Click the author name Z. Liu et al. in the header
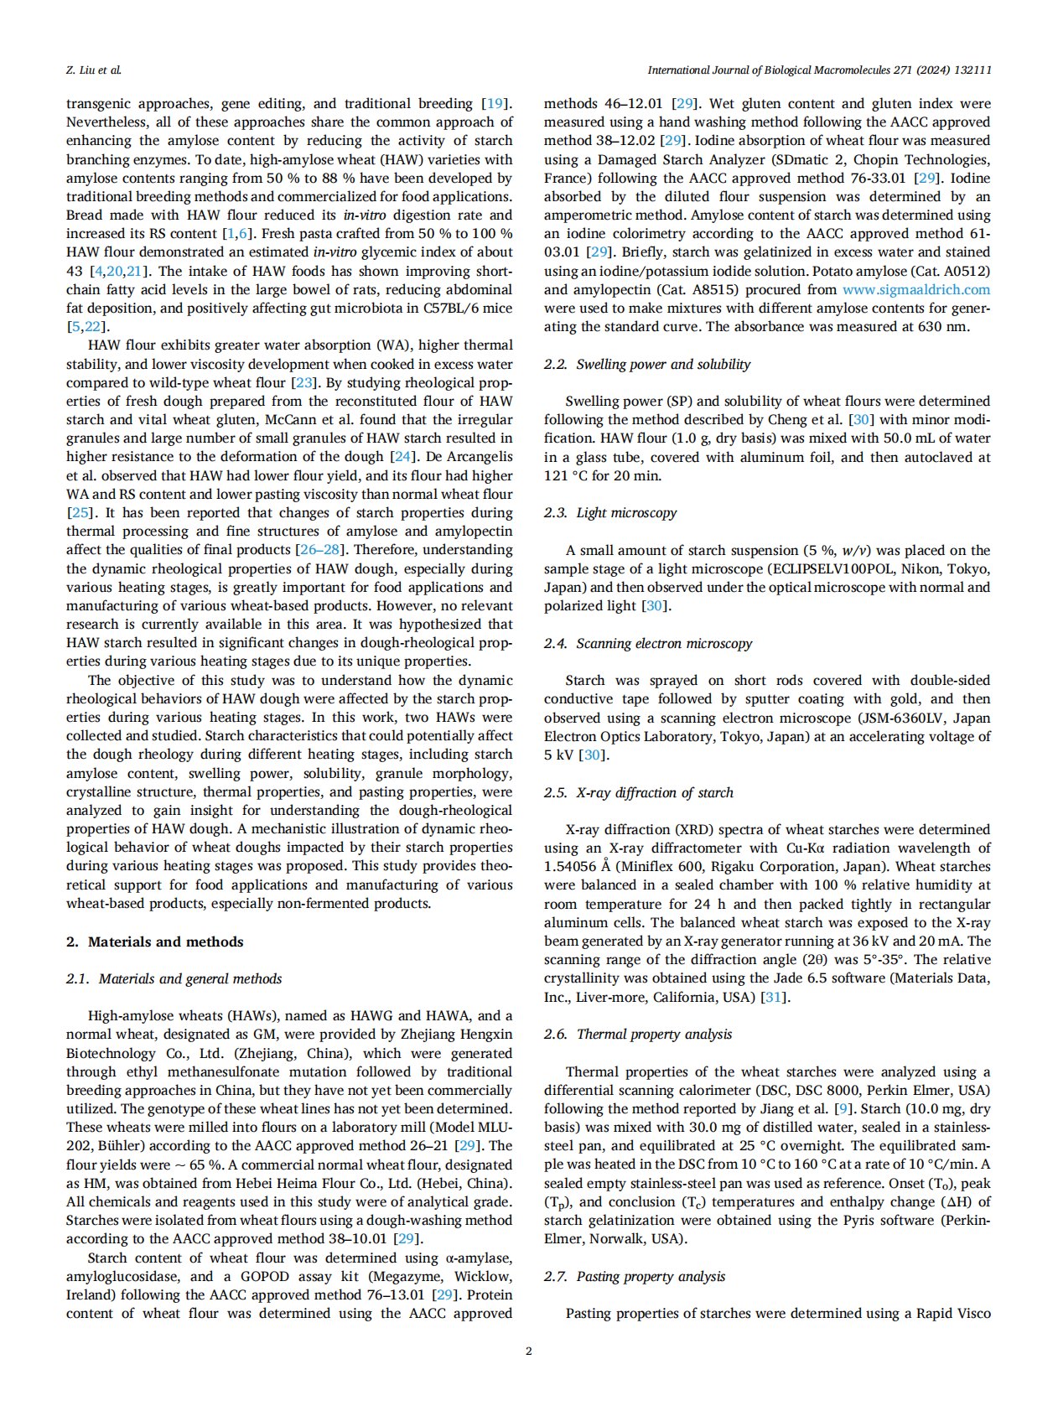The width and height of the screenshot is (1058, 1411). [94, 70]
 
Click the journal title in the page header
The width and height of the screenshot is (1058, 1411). [819, 70]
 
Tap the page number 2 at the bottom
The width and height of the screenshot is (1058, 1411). [528, 1351]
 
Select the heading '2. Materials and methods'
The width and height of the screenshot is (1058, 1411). [155, 942]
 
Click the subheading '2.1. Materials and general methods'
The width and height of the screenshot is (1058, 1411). [174, 978]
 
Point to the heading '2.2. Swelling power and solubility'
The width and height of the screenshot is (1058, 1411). [646, 364]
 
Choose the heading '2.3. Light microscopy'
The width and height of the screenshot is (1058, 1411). [609, 512]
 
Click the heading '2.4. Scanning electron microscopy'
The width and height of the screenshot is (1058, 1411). [647, 643]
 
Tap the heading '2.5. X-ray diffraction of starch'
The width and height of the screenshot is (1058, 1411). [638, 792]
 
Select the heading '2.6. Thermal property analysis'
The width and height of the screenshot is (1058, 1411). [637, 1034]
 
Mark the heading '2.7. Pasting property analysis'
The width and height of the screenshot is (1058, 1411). [634, 1276]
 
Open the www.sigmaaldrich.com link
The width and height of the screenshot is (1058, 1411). [915, 289]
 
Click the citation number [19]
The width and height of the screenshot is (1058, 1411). [495, 103]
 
